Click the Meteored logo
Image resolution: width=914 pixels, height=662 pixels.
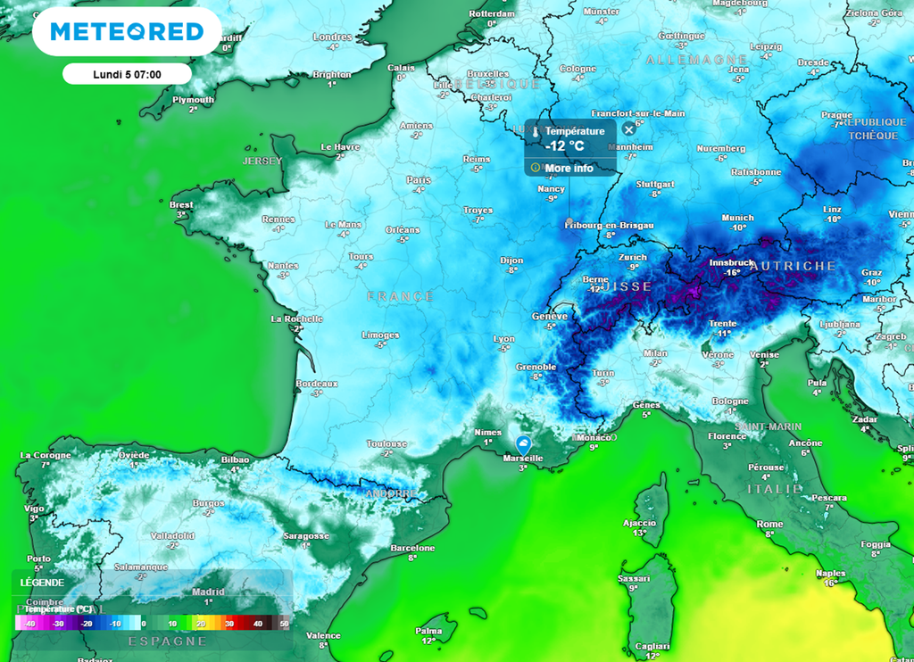[127, 32]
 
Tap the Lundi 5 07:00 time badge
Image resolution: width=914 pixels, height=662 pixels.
[127, 73]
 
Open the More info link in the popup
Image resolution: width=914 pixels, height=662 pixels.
[569, 168]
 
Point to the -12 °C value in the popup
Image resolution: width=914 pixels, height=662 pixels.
[565, 146]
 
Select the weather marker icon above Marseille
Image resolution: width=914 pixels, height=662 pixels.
[524, 443]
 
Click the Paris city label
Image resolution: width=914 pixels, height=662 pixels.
[418, 179]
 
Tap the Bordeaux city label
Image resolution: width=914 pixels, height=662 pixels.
[316, 384]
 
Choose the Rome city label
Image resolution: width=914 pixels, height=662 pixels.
[769, 524]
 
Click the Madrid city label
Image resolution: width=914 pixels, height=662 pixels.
[209, 592]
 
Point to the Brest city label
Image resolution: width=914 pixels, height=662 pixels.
[181, 205]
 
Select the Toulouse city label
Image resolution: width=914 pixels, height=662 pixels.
[386, 443]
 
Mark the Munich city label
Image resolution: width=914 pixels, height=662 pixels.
[737, 218]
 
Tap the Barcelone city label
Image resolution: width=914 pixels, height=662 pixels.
[412, 548]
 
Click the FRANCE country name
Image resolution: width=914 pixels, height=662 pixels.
[400, 296]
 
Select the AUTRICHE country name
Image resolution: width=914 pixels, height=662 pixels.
[793, 266]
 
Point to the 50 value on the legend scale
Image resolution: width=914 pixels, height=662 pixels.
[284, 623]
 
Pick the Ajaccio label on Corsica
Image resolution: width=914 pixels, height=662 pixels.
[639, 523]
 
